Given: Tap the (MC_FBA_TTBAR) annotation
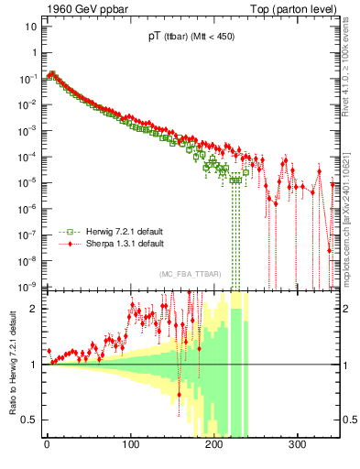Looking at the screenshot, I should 187,275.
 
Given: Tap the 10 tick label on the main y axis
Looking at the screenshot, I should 31,27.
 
